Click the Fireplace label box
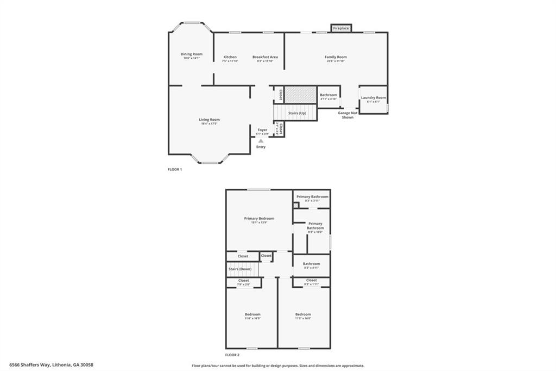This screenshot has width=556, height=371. [x=341, y=28]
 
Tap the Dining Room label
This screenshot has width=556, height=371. [x=191, y=54]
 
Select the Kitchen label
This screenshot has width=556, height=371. [x=230, y=57]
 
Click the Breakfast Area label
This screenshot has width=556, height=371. [x=265, y=57]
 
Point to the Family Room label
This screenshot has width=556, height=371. [x=336, y=57]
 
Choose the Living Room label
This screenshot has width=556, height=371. [x=209, y=120]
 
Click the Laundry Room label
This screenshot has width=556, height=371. [x=374, y=98]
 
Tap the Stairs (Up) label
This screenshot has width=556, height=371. [x=297, y=113]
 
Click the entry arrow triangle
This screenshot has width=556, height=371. [x=261, y=141]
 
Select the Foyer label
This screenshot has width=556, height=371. [x=262, y=130]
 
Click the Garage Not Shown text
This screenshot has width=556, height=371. [x=347, y=115]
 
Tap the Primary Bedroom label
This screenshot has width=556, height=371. [x=259, y=219]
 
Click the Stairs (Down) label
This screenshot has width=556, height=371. [x=239, y=269]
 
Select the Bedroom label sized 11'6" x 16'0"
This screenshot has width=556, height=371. [x=252, y=314]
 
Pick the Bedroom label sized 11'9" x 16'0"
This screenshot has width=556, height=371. [x=303, y=314]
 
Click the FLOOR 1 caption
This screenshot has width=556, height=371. [x=175, y=170]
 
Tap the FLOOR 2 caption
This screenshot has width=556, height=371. [x=232, y=355]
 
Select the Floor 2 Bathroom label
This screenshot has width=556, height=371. [x=311, y=264]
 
